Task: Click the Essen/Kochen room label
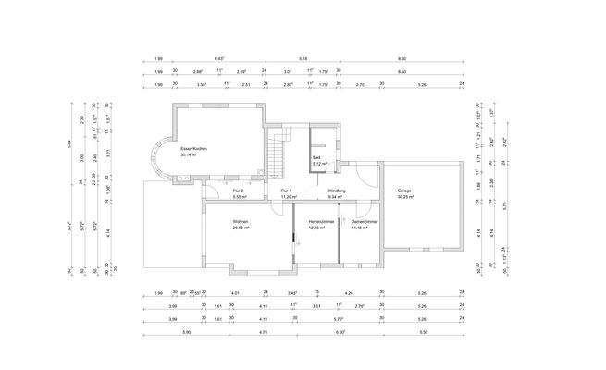tap(193, 148)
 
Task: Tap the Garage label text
tap(405, 191)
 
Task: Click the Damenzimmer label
tap(365, 222)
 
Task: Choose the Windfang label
tap(336, 191)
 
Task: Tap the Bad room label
tap(316, 158)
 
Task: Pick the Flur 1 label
tap(286, 191)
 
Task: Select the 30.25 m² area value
tap(405, 197)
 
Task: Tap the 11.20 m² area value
tap(286, 197)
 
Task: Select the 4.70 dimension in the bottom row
tap(263, 331)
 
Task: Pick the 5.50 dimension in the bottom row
tap(422, 331)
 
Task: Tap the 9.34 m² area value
tap(336, 197)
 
